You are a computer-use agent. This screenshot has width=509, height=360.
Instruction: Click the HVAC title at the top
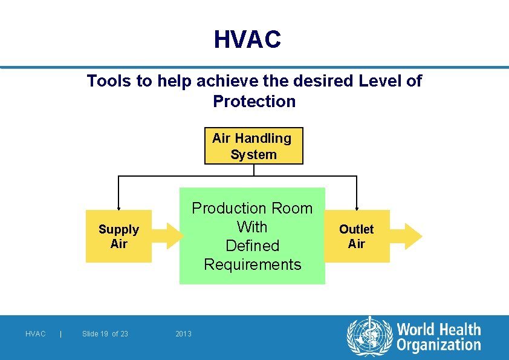click(247, 40)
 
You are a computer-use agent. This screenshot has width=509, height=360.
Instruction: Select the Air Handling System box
click(253, 146)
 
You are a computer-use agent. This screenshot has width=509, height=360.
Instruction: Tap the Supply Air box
click(118, 236)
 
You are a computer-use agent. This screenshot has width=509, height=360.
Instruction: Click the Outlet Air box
click(357, 236)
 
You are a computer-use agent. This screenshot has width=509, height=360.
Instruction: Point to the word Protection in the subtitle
click(254, 101)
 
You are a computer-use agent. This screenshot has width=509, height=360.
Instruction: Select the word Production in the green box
click(228, 208)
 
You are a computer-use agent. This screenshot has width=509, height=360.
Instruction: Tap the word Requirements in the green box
click(252, 264)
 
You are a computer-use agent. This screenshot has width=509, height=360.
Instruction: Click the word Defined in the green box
click(252, 246)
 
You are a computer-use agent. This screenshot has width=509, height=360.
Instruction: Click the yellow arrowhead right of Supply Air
click(173, 236)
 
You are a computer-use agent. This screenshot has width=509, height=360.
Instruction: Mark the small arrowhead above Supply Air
click(118, 208)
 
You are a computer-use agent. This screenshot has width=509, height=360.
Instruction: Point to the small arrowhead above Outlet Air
click(357, 208)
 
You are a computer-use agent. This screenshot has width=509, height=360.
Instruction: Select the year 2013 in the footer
click(183, 334)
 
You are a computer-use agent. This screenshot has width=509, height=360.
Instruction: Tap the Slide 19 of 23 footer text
click(105, 334)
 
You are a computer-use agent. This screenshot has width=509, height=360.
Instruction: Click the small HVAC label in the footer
click(36, 334)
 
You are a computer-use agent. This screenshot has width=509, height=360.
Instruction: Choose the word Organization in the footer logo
click(438, 345)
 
